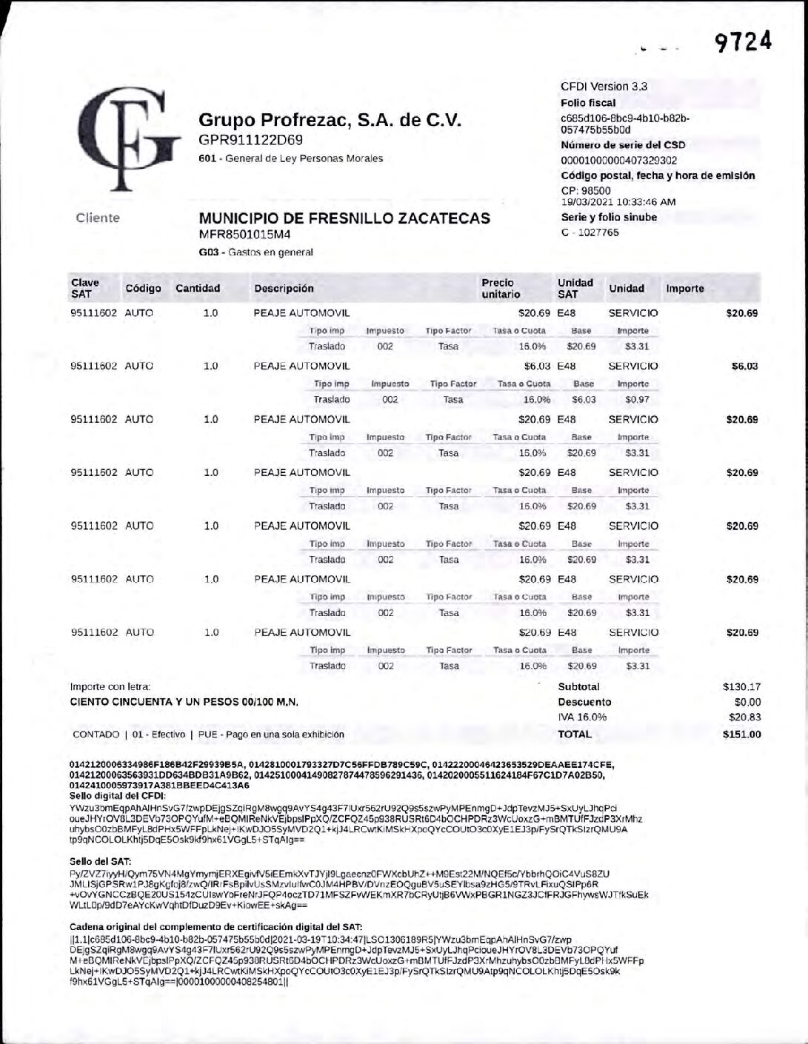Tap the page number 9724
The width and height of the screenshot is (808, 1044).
(x=743, y=42)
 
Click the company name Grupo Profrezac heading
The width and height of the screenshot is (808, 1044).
(x=330, y=120)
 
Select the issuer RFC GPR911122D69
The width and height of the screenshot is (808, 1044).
(x=250, y=140)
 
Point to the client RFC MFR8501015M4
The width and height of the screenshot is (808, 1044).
(x=244, y=235)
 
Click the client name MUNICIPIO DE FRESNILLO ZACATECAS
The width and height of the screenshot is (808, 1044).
(x=344, y=218)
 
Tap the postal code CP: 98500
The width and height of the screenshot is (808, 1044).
(x=586, y=190)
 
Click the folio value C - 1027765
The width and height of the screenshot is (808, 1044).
(x=590, y=232)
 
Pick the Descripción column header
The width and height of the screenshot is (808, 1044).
(x=284, y=289)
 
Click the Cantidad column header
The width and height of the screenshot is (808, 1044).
(x=198, y=289)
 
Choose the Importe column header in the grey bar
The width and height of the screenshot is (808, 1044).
(x=684, y=289)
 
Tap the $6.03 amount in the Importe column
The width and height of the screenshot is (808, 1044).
(x=744, y=367)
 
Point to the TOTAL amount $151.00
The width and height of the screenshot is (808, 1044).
(x=741, y=735)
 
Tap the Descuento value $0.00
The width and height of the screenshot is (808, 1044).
(x=747, y=702)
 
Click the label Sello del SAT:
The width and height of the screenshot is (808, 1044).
(x=101, y=861)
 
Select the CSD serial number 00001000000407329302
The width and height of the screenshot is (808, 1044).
(x=618, y=161)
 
